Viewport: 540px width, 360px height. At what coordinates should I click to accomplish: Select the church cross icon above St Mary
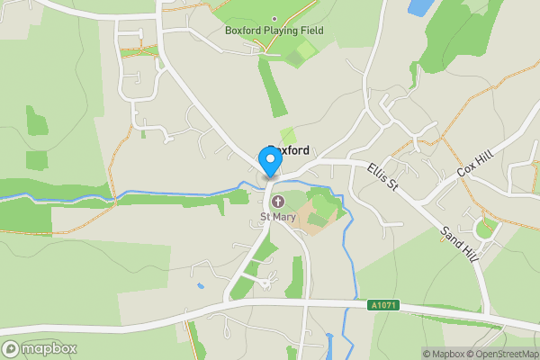click(x=278, y=201)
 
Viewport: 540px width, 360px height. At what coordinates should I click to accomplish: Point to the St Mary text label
click(x=277, y=217)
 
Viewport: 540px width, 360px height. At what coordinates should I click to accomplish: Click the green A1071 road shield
click(x=382, y=306)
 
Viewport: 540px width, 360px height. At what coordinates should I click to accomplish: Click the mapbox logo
click(x=39, y=347)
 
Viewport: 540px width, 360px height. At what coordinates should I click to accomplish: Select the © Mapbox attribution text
click(x=442, y=353)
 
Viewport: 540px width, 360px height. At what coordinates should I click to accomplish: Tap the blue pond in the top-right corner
click(x=420, y=8)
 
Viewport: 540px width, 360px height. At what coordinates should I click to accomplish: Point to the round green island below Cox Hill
click(x=485, y=229)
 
